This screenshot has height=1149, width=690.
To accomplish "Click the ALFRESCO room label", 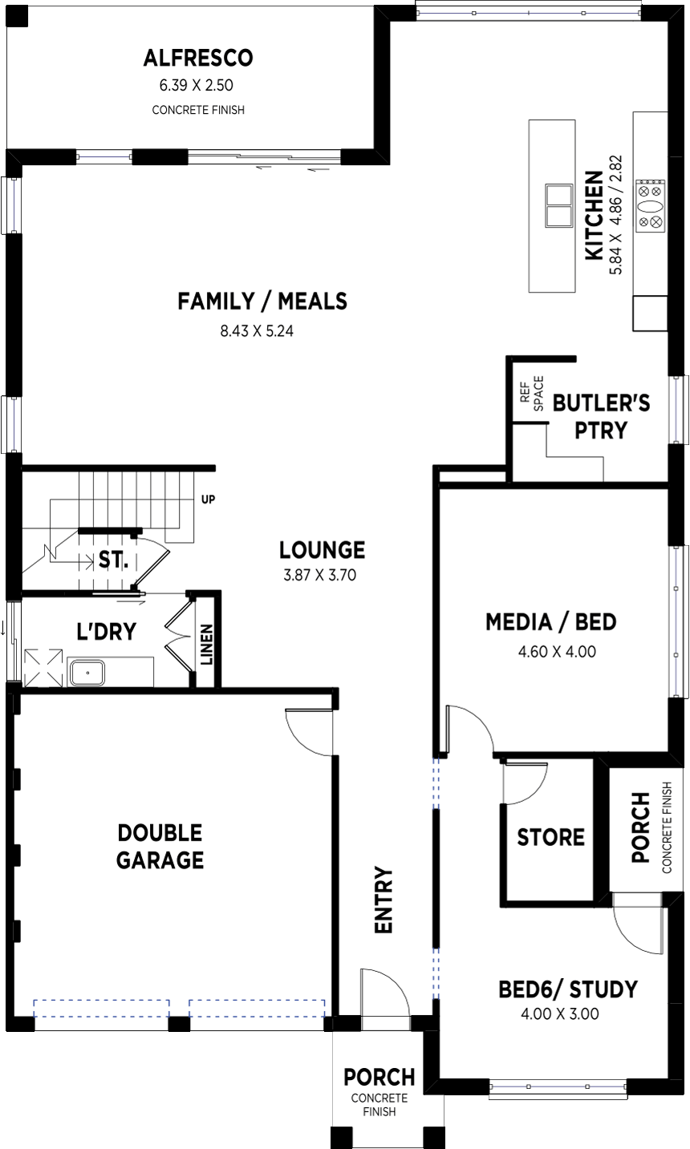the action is (198, 58).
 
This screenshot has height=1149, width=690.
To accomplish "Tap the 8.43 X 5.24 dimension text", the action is (257, 331).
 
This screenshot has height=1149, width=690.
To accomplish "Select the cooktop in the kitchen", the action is (651, 206).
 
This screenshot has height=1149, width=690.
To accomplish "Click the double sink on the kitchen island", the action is (558, 205).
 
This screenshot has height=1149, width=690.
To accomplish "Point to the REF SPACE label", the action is (531, 394).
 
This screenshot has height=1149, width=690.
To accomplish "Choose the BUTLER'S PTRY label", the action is (601, 416).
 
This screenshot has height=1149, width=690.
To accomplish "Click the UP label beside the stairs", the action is (208, 499).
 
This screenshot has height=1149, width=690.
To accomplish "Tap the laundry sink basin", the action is (87, 673).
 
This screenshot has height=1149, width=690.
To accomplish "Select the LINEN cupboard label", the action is (206, 645).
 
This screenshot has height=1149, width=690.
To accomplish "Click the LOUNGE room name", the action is (322, 550).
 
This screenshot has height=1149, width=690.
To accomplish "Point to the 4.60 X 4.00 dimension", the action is (557, 652).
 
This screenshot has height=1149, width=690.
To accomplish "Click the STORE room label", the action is (550, 837).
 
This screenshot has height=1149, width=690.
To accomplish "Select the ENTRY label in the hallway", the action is (383, 900).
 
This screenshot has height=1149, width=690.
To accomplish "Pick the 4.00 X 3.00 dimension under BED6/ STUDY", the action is (559, 1014).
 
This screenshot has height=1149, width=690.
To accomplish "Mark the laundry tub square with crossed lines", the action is (43, 668).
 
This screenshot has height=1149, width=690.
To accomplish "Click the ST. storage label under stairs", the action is (113, 560).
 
